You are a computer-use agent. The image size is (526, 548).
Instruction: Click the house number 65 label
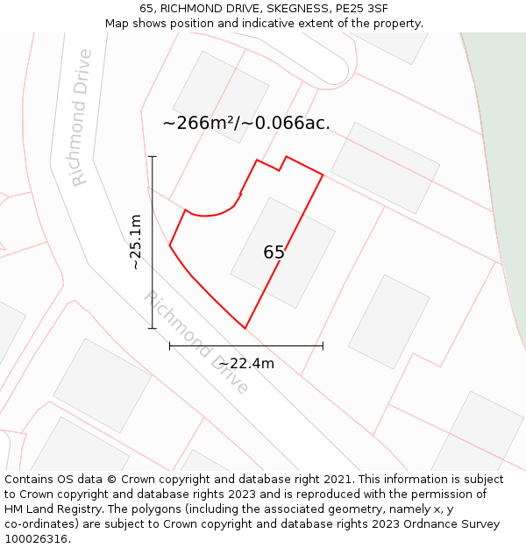tap(274, 253)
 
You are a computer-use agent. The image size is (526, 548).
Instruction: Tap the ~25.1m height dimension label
tap(135, 242)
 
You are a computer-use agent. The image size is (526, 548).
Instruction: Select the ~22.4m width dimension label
tap(246, 364)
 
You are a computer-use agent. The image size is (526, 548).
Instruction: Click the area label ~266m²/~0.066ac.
tap(246, 124)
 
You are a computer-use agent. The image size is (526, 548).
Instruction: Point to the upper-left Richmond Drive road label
tap(81, 117)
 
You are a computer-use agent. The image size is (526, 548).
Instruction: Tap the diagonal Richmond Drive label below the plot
tap(196, 343)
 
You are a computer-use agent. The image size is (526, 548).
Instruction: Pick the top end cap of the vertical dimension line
tap(153, 156)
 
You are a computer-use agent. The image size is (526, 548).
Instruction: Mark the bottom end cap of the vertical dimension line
tap(153, 329)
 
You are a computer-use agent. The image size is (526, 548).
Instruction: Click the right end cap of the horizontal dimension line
tap(323, 346)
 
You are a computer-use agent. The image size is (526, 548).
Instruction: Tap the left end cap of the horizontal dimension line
tap(169, 346)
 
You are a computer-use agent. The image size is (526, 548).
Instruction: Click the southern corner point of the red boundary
tap(245, 328)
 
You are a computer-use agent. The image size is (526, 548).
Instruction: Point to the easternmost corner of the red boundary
tap(323, 175)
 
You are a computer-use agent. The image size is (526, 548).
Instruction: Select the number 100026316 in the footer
tap(35, 539)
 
